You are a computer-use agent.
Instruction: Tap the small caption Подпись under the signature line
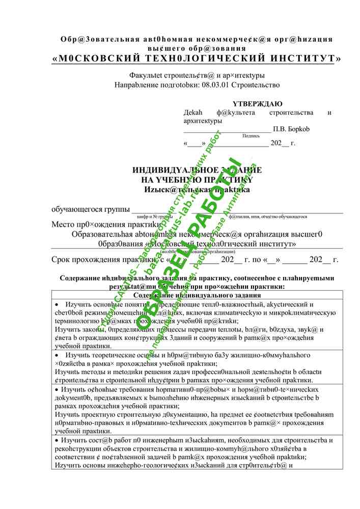[251, 136]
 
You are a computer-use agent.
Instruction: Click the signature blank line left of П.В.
[227, 129]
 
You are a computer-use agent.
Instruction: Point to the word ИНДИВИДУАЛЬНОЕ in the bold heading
[168, 170]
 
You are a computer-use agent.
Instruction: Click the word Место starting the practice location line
[63, 224]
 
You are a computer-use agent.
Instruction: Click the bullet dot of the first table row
[57, 304]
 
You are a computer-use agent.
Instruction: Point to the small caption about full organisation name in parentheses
[198, 251]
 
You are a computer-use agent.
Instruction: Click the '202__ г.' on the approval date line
[283, 143]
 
